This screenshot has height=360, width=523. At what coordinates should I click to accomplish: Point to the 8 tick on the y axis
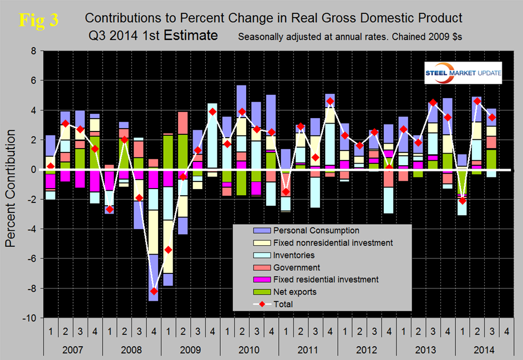coord(33,51)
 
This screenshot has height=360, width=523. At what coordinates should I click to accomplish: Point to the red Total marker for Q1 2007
coord(50,166)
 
